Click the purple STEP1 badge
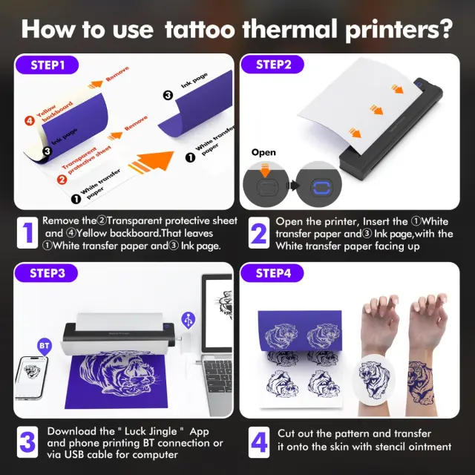pos(47,65)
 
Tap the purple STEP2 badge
pos(272,65)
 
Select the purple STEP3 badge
pos(46,273)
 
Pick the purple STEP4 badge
pos(272,273)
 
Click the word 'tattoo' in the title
pos(200,30)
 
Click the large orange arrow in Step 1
pos(151,162)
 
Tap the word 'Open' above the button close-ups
pos(263,152)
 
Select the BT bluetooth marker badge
pos(45,347)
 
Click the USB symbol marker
pos(188,320)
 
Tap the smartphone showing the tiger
pos(31,378)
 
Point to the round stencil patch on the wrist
pos(374,378)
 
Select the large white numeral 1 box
pos(27,232)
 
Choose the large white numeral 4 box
pos(259,442)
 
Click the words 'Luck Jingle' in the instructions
pos(151,431)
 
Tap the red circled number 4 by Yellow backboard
pos(30,121)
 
